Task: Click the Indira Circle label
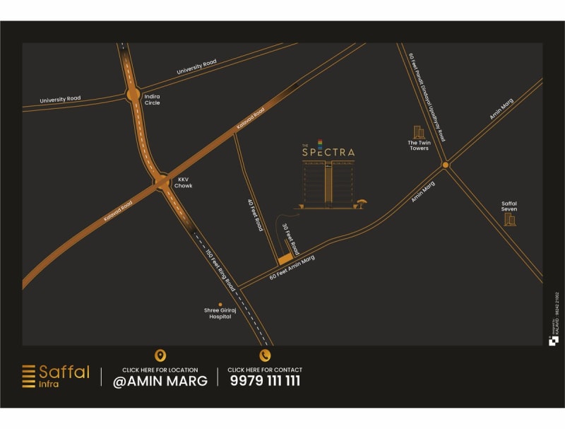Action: (x=152, y=99)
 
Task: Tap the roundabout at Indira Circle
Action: (x=133, y=93)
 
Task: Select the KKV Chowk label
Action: (x=184, y=182)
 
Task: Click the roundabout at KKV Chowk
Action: (x=162, y=182)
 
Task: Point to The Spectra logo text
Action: (x=328, y=151)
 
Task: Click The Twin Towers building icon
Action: (x=419, y=132)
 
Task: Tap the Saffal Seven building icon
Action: (x=509, y=219)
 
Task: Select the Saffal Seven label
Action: (x=509, y=206)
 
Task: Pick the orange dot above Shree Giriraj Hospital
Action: (x=220, y=305)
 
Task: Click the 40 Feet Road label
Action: (x=255, y=215)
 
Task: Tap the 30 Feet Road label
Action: (x=291, y=239)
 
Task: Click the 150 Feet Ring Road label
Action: (x=220, y=271)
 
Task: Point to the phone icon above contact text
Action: (x=265, y=355)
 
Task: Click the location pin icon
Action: (x=160, y=355)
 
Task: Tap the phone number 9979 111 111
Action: (x=265, y=381)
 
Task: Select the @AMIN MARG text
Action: (x=160, y=381)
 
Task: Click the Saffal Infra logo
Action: (x=56, y=376)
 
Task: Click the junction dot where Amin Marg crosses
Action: (x=446, y=165)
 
